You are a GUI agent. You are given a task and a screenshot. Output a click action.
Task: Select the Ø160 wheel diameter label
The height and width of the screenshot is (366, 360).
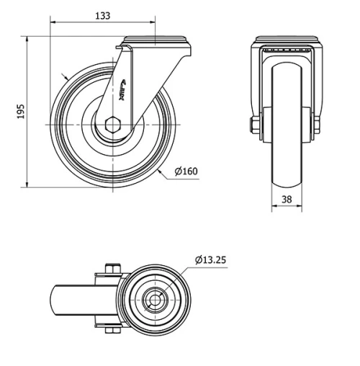click(186, 171)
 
